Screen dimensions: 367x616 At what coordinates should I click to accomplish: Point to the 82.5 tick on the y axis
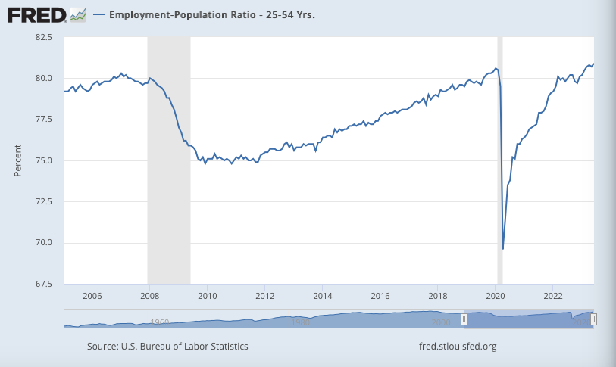click(x=42, y=37)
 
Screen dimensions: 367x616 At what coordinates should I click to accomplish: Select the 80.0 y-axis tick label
click(x=42, y=78)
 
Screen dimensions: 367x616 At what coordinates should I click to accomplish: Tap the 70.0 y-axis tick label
click(x=42, y=243)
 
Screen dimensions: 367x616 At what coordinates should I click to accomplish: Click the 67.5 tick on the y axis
click(x=42, y=284)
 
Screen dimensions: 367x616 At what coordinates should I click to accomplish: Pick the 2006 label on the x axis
click(x=92, y=296)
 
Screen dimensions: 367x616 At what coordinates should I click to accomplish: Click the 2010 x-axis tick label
click(x=208, y=296)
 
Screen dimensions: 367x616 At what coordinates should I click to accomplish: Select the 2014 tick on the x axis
click(x=323, y=296)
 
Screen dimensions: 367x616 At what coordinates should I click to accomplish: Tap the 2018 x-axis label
click(x=438, y=296)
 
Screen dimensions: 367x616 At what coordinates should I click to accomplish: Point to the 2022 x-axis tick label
click(x=553, y=296)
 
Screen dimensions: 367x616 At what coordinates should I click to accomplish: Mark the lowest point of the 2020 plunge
click(x=503, y=248)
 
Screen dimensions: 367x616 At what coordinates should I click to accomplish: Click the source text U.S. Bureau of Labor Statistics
click(x=167, y=347)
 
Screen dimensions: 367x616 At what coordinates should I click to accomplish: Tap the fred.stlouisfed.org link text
click(x=458, y=347)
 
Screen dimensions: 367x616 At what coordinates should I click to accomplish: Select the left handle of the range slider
click(x=464, y=320)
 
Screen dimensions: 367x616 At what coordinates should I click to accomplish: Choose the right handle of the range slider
click(x=593, y=320)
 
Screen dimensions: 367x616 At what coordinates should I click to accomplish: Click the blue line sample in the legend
click(x=99, y=15)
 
